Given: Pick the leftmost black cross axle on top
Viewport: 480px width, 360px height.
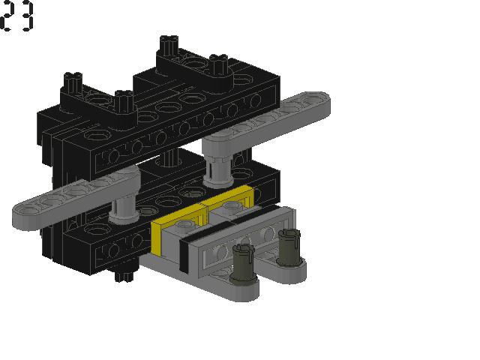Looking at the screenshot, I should pos(73,80).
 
